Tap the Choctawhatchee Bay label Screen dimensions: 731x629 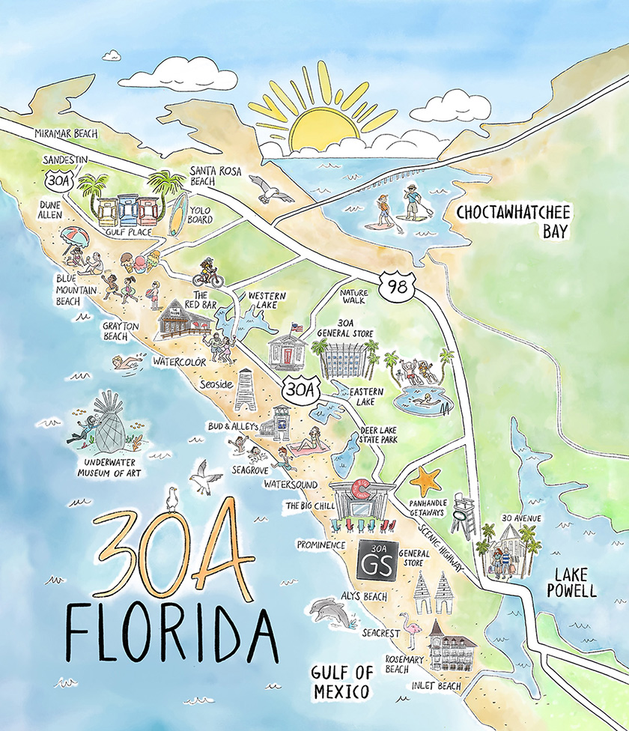(514, 221)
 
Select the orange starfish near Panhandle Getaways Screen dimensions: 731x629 (426, 479)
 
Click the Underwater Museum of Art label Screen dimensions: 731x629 (105, 467)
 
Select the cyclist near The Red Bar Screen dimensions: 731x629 (208, 273)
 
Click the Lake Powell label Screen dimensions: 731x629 (575, 582)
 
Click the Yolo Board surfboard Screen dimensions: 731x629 (177, 216)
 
